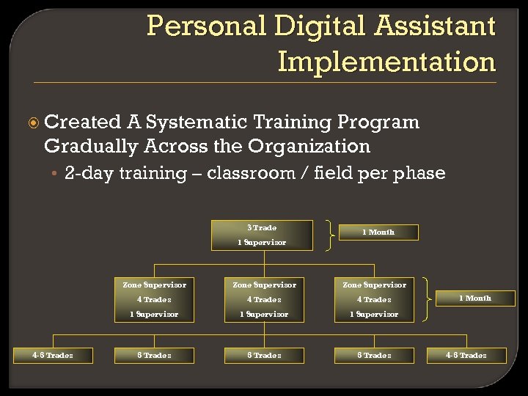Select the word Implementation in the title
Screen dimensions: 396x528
point(386,62)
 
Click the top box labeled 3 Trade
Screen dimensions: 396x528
point(262,235)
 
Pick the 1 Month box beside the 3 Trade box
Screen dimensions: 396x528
point(378,232)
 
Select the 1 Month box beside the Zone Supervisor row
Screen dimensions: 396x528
point(475,298)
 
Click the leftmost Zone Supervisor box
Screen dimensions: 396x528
point(154,299)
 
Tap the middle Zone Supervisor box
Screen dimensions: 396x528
point(264,299)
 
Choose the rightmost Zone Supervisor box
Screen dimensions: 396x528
point(374,299)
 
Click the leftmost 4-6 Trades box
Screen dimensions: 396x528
point(52,356)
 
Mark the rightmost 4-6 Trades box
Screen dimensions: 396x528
point(466,356)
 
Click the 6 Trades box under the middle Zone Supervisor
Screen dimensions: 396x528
point(264,356)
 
